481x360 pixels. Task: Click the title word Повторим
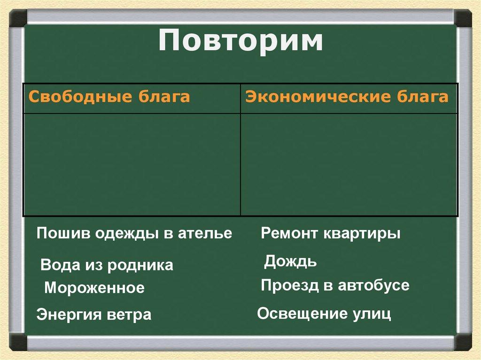(240, 42)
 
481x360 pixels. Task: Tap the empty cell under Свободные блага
(132, 164)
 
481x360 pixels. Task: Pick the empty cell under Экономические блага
(349, 164)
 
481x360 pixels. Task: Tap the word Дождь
(290, 261)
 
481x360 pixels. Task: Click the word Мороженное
(94, 288)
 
